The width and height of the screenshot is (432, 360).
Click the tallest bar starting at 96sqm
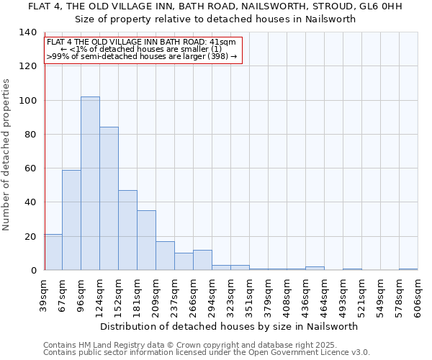[90, 184]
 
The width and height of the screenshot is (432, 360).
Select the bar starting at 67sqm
[71, 220]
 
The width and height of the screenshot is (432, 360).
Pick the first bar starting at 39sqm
[53, 252]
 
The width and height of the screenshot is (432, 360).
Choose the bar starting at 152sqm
[127, 230]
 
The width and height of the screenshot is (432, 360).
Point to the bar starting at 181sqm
[146, 240]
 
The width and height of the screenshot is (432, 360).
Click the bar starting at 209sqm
[165, 256]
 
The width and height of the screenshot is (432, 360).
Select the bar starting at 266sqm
[202, 260]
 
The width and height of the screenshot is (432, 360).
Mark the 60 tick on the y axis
[30, 168]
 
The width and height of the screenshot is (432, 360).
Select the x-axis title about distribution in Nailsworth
[229, 326]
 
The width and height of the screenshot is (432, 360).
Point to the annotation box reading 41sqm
[141, 49]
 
